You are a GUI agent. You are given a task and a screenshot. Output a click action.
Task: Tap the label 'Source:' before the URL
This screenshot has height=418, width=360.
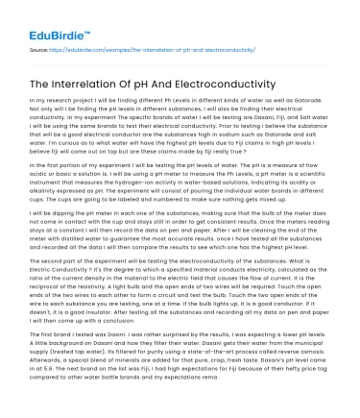pyautogui.click(x=40, y=45)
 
